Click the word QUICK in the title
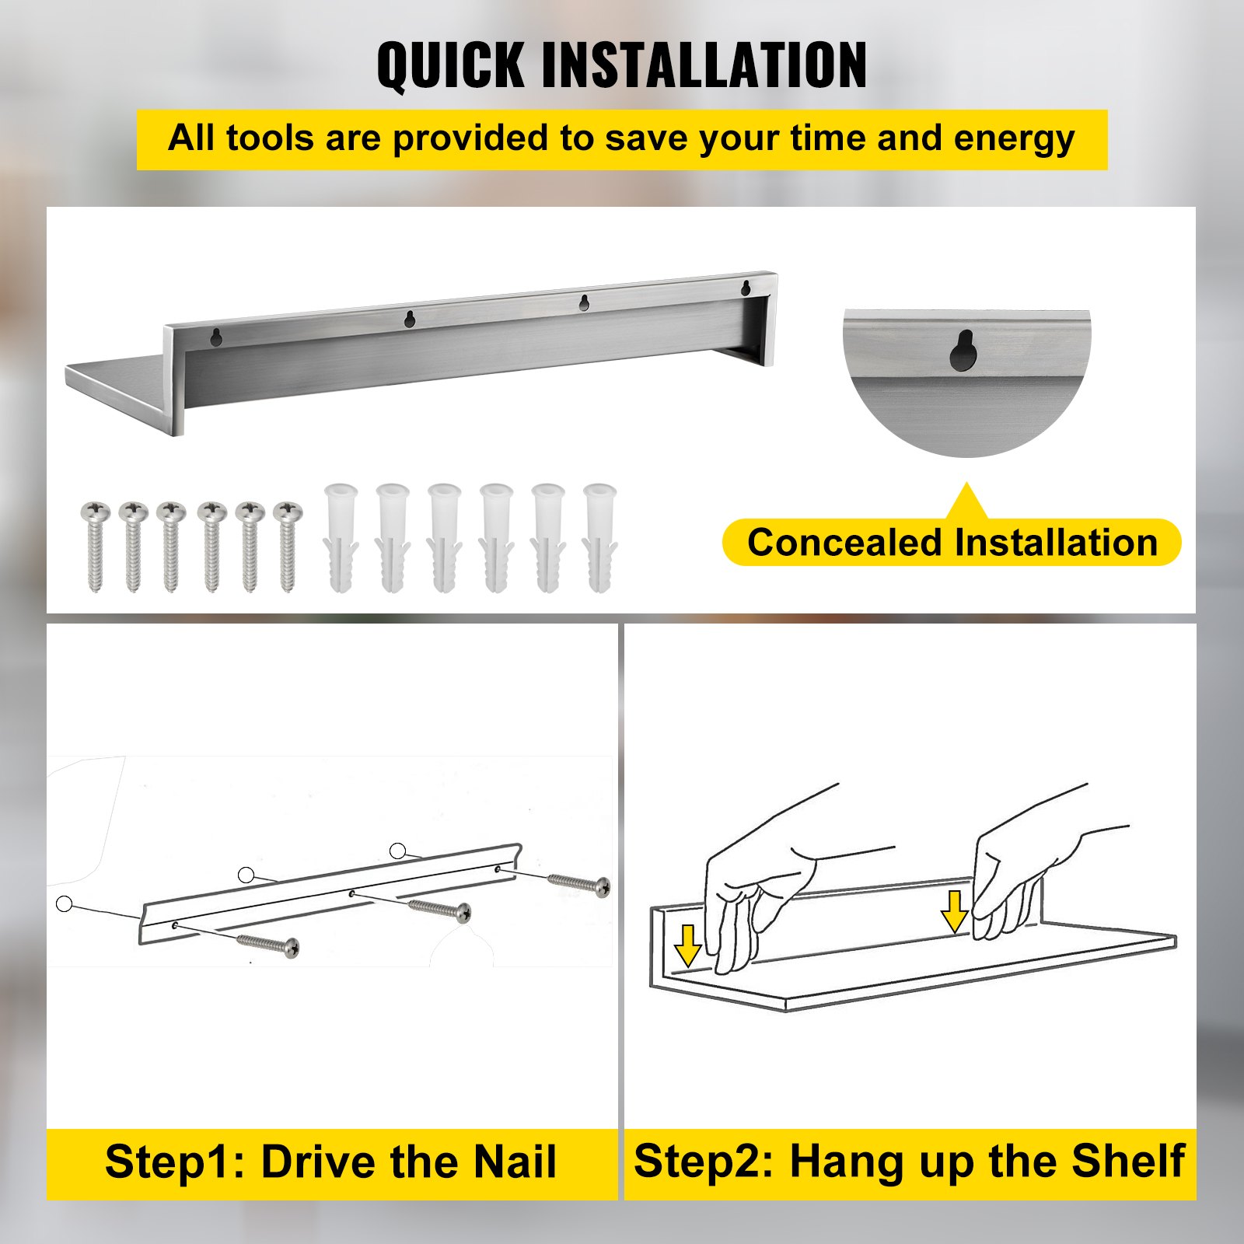[x=451, y=65]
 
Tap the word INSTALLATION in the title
[x=704, y=65]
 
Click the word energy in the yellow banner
[x=1014, y=139]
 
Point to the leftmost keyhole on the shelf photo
[x=218, y=336]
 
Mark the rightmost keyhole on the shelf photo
[x=746, y=287]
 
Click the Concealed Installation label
[x=952, y=543]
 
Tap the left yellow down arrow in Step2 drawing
[x=687, y=945]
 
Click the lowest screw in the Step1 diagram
[x=268, y=944]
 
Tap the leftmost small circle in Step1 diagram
[x=65, y=903]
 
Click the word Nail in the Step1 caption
[x=515, y=1162]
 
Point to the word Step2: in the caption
[x=704, y=1162]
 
